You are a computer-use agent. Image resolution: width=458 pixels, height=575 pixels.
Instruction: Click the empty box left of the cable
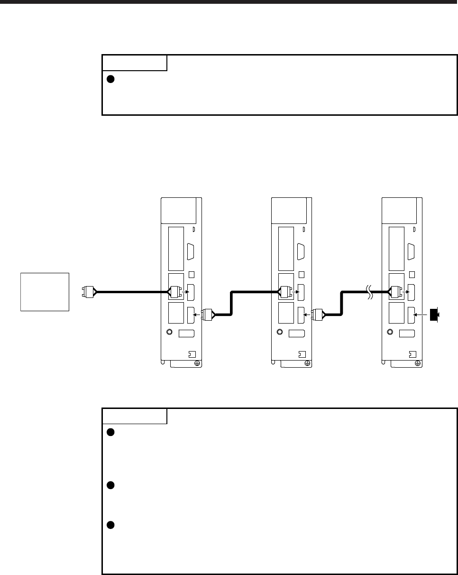pos(45,291)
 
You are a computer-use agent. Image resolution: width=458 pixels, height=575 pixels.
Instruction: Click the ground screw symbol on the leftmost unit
pos(196,363)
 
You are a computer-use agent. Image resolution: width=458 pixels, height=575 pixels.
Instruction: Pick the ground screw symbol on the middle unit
pos(307,363)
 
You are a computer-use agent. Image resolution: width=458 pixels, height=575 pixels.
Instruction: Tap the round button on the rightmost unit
pos(391,333)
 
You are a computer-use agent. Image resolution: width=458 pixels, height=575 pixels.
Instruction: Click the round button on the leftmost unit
pos(170,333)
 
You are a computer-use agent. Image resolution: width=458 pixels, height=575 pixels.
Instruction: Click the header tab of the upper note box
pos(135,63)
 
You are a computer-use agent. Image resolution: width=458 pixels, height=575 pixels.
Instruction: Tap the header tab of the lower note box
pos(135,416)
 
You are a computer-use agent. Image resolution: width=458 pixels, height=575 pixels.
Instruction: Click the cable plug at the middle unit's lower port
pos(318,314)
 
